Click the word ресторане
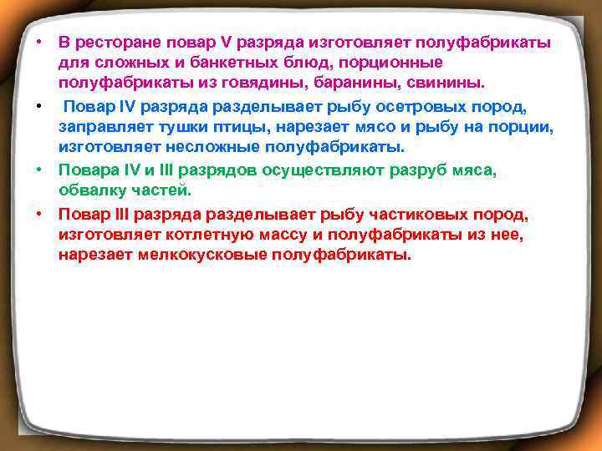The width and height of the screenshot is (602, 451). (x=114, y=43)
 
